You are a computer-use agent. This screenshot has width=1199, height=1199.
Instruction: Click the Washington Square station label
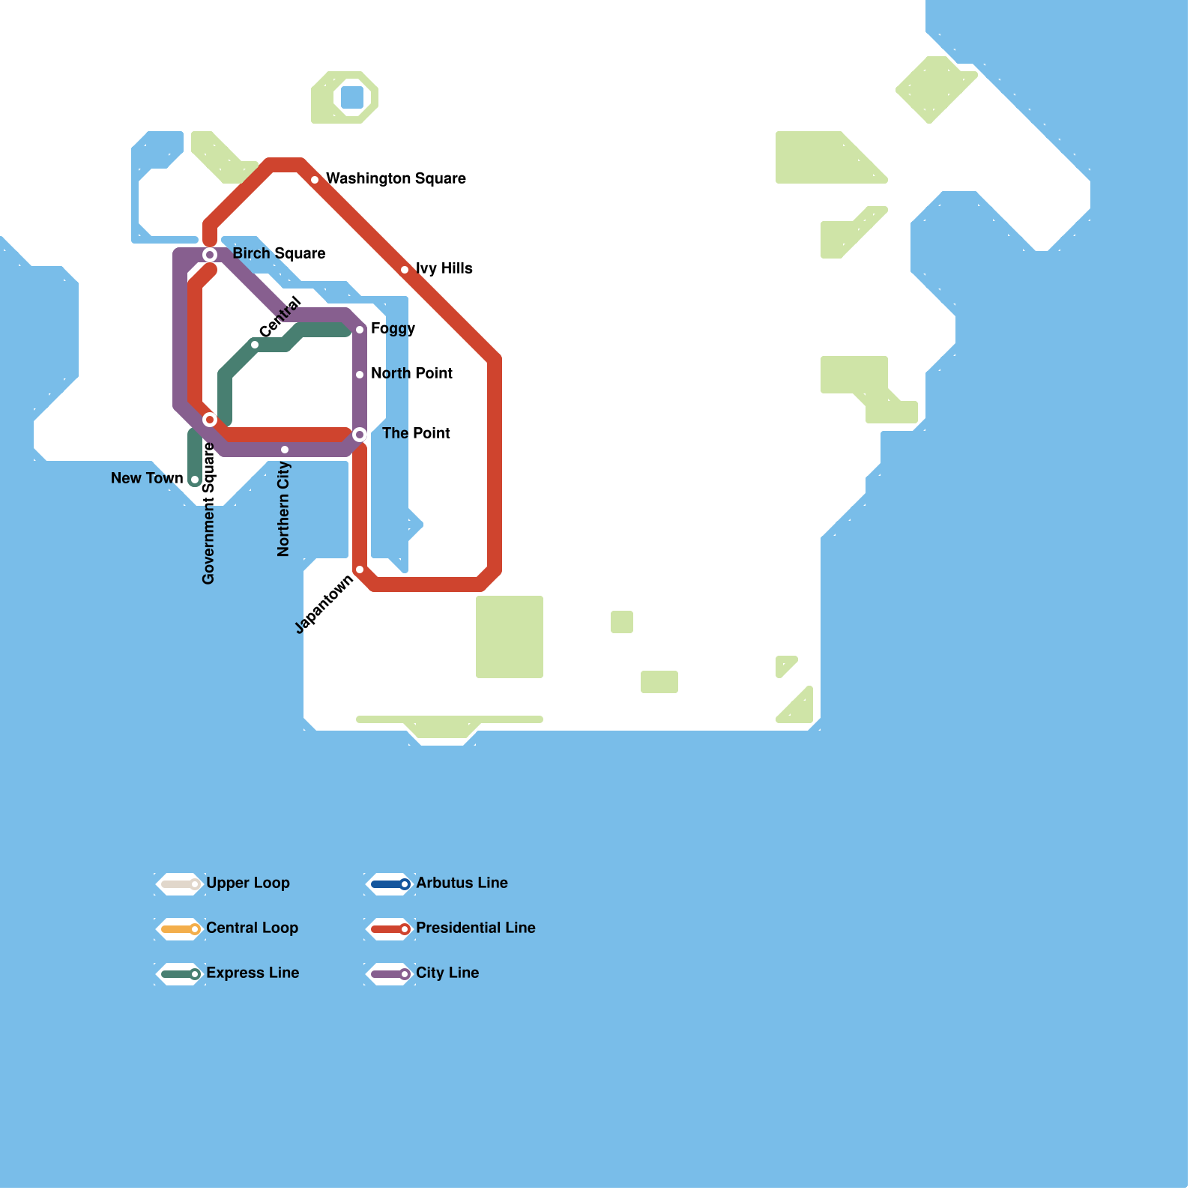click(x=396, y=178)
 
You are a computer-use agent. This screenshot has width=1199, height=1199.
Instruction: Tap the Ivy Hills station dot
click(x=405, y=270)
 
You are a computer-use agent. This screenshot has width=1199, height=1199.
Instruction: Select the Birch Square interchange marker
click(x=210, y=255)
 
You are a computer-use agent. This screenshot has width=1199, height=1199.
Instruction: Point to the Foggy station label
click(x=393, y=328)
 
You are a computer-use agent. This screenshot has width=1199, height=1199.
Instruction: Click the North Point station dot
click(x=360, y=375)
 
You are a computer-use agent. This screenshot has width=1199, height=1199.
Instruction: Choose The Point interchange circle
click(x=360, y=435)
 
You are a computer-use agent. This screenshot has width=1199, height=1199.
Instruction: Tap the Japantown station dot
click(x=360, y=570)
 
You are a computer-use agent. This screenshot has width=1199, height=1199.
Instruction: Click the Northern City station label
click(x=283, y=509)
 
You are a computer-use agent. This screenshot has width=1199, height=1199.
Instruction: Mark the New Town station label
click(x=147, y=478)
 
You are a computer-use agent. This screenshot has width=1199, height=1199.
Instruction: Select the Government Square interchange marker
click(x=210, y=420)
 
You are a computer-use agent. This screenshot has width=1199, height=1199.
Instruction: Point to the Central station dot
click(x=255, y=345)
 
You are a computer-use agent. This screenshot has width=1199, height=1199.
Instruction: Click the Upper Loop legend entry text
click(x=247, y=883)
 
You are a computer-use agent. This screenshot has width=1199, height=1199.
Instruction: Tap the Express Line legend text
click(x=253, y=973)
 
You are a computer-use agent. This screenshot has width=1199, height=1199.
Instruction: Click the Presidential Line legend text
click(x=475, y=928)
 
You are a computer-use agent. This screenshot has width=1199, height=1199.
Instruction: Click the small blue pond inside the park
click(x=352, y=97)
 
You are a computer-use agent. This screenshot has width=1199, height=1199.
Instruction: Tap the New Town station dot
click(x=195, y=480)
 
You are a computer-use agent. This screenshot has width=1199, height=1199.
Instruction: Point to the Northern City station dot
click(x=285, y=450)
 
